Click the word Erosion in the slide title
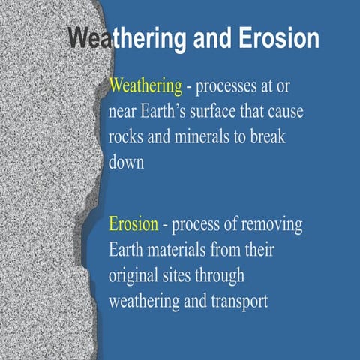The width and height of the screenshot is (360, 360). click(x=280, y=38)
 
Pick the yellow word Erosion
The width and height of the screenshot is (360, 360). click(x=133, y=224)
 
